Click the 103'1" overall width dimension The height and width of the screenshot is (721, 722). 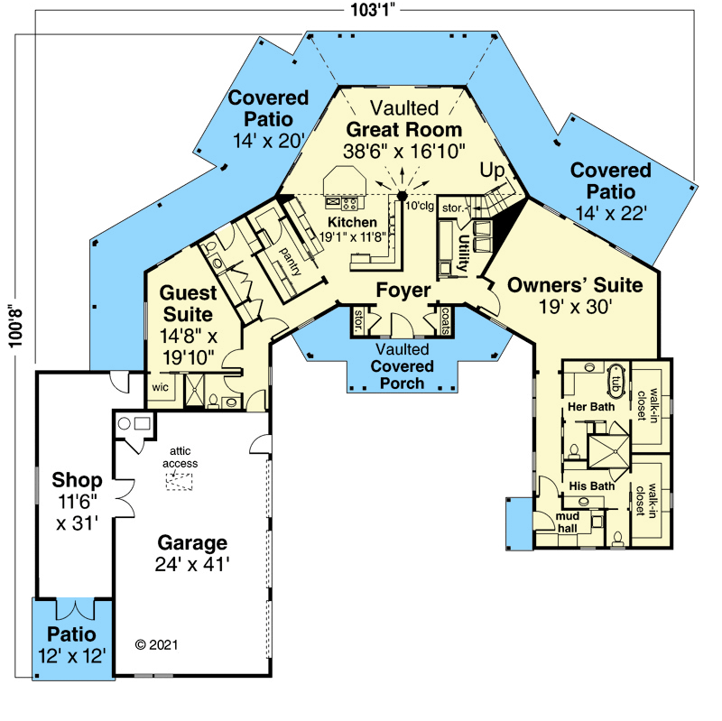373,10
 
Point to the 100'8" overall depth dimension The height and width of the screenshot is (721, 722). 15,328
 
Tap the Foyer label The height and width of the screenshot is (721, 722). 403,290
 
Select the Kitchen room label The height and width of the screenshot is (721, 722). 352,222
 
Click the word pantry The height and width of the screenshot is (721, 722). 291,261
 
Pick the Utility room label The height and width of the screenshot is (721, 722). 463,254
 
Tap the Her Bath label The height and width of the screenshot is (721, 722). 591,407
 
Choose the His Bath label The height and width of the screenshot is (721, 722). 592,485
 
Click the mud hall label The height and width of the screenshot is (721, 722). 568,522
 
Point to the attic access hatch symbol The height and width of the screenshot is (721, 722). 179,482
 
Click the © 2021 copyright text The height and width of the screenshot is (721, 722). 156,644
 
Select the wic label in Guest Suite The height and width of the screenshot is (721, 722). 161,387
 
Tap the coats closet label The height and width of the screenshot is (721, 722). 445,320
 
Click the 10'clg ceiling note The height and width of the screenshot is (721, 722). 420,206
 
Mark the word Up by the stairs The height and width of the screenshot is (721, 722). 492,171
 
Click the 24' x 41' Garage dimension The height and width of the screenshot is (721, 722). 192,564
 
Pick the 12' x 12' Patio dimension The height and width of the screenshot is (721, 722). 72,656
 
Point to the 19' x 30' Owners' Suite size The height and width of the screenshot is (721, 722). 575,306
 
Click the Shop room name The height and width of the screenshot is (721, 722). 77,480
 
